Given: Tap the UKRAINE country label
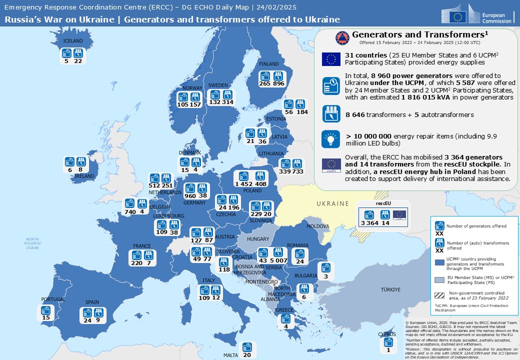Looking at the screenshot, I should (x=332, y=203).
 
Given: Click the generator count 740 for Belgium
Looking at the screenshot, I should (x=130, y=211).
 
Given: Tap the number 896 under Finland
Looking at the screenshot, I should (x=278, y=84).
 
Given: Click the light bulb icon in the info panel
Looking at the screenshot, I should (x=330, y=138).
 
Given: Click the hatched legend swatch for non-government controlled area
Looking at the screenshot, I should (x=440, y=295).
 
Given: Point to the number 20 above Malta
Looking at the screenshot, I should (x=246, y=354).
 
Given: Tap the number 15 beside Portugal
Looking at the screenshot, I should (x=46, y=317).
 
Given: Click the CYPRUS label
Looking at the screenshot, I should (x=387, y=334).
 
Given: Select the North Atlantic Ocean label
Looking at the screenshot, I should (x=32, y=243).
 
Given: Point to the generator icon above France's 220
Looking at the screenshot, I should (x=136, y=254).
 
